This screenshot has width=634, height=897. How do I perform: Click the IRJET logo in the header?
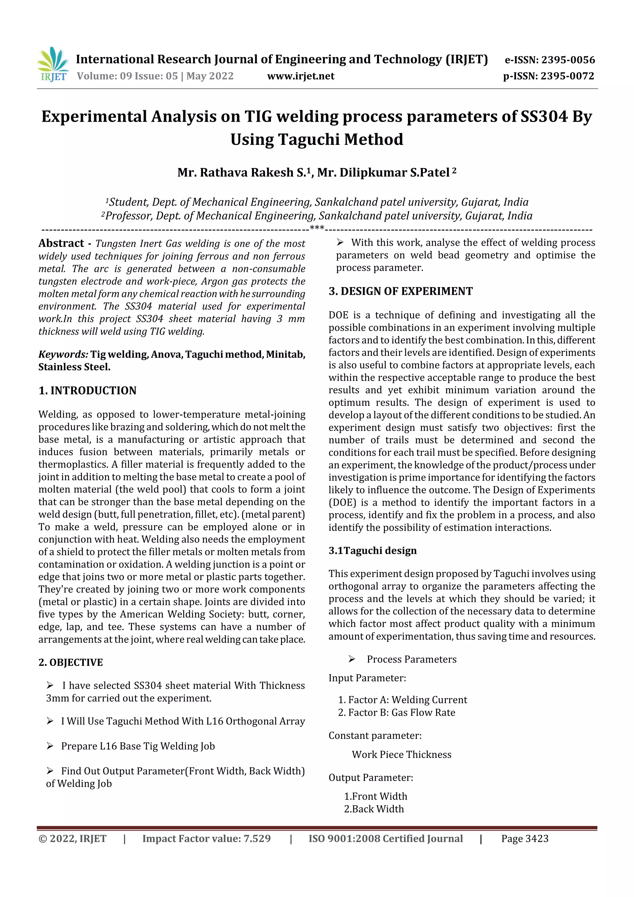[x=53, y=64]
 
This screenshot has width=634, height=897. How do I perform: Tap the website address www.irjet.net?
[x=301, y=76]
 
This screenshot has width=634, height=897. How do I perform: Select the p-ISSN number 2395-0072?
[x=567, y=76]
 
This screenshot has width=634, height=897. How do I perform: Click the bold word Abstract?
[x=61, y=243]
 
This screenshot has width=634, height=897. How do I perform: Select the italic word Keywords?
[x=63, y=354]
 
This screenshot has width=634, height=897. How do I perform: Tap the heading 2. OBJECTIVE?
[x=71, y=662]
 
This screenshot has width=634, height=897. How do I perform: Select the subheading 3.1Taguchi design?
[x=372, y=550]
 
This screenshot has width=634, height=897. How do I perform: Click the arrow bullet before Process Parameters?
[x=352, y=659]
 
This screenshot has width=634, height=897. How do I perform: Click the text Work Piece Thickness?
[x=401, y=754]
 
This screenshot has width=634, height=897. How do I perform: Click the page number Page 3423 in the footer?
[x=525, y=838]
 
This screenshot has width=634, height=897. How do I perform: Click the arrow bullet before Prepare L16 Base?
[x=50, y=746]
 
